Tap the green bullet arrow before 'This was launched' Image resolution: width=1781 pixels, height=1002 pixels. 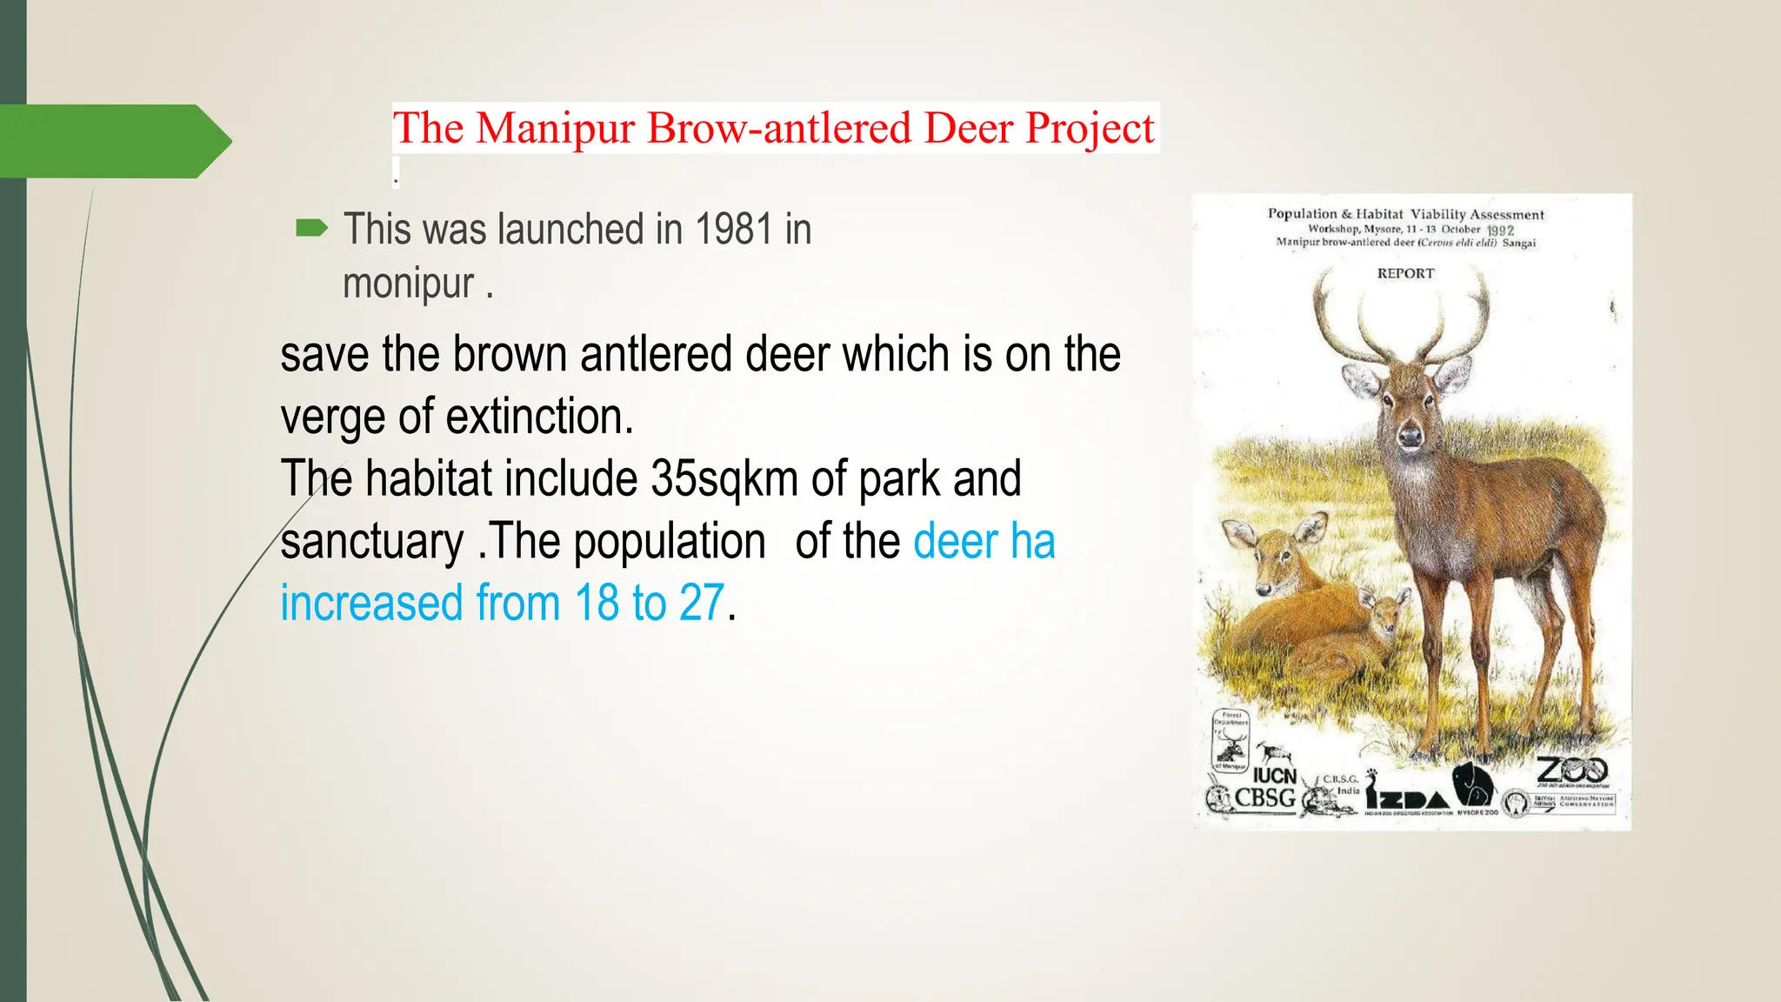(x=311, y=229)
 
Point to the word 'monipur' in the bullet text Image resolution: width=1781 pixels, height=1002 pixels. (x=408, y=284)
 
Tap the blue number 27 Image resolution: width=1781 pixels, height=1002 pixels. (x=701, y=603)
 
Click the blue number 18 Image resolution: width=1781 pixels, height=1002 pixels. (x=597, y=603)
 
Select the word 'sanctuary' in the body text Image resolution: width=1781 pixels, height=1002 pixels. (x=372, y=541)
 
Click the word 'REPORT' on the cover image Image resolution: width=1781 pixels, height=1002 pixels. (x=1405, y=273)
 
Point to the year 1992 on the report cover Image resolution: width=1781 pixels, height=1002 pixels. (x=1500, y=230)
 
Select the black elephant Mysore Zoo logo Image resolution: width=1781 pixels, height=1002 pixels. (x=1471, y=784)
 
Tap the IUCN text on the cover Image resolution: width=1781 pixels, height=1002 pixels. (x=1275, y=775)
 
